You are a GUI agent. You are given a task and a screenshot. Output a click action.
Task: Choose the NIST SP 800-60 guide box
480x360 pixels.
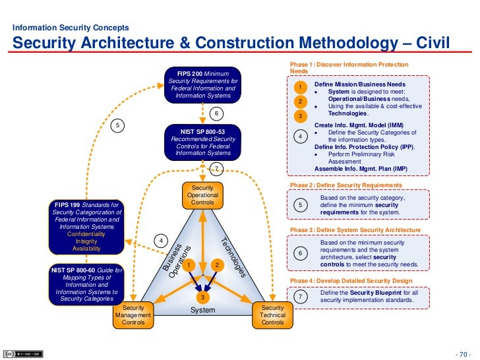pyautogui.click(x=87, y=284)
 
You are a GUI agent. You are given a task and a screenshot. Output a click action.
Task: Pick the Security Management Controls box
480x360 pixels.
pyautogui.click(x=133, y=315)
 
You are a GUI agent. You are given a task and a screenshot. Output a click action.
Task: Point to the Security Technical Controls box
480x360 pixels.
pyautogui.click(x=272, y=315)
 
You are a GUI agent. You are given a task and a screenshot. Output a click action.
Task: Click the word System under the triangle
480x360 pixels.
pyautogui.click(x=203, y=310)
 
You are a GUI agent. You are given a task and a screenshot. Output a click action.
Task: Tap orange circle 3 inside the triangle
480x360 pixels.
pyautogui.click(x=203, y=297)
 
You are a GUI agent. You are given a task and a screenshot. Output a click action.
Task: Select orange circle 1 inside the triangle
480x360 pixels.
pyautogui.click(x=189, y=265)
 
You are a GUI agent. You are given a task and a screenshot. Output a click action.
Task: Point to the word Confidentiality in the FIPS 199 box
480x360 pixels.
pyautogui.click(x=87, y=234)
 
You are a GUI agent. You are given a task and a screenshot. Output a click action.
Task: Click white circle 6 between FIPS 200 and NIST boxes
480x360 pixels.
pyautogui.click(x=216, y=113)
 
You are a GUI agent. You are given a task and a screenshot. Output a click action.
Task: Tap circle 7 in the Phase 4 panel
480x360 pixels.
pyautogui.click(x=300, y=297)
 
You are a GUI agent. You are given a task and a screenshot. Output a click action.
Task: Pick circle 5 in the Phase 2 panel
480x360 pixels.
pyautogui.click(x=300, y=206)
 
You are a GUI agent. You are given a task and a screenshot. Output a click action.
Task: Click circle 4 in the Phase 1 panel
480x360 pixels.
pyautogui.click(x=300, y=136)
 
